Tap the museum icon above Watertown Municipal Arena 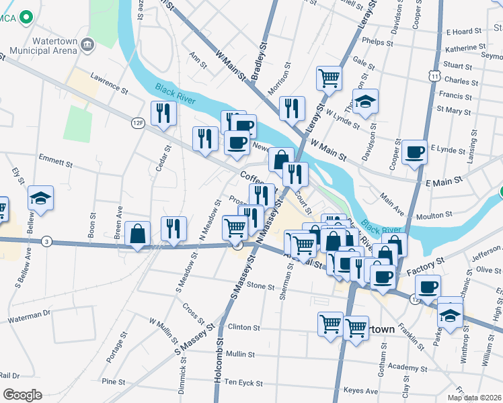coord(87,45)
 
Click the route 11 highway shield coord(436,77)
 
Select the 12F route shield coord(138,123)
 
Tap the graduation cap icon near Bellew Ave coord(40,199)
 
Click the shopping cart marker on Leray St coord(329,78)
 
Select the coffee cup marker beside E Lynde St coord(415,151)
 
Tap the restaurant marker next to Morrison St coord(292,108)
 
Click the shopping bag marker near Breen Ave coord(138,234)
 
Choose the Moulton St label coord(434,215)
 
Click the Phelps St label coord(377,42)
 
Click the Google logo coord(22,395)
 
